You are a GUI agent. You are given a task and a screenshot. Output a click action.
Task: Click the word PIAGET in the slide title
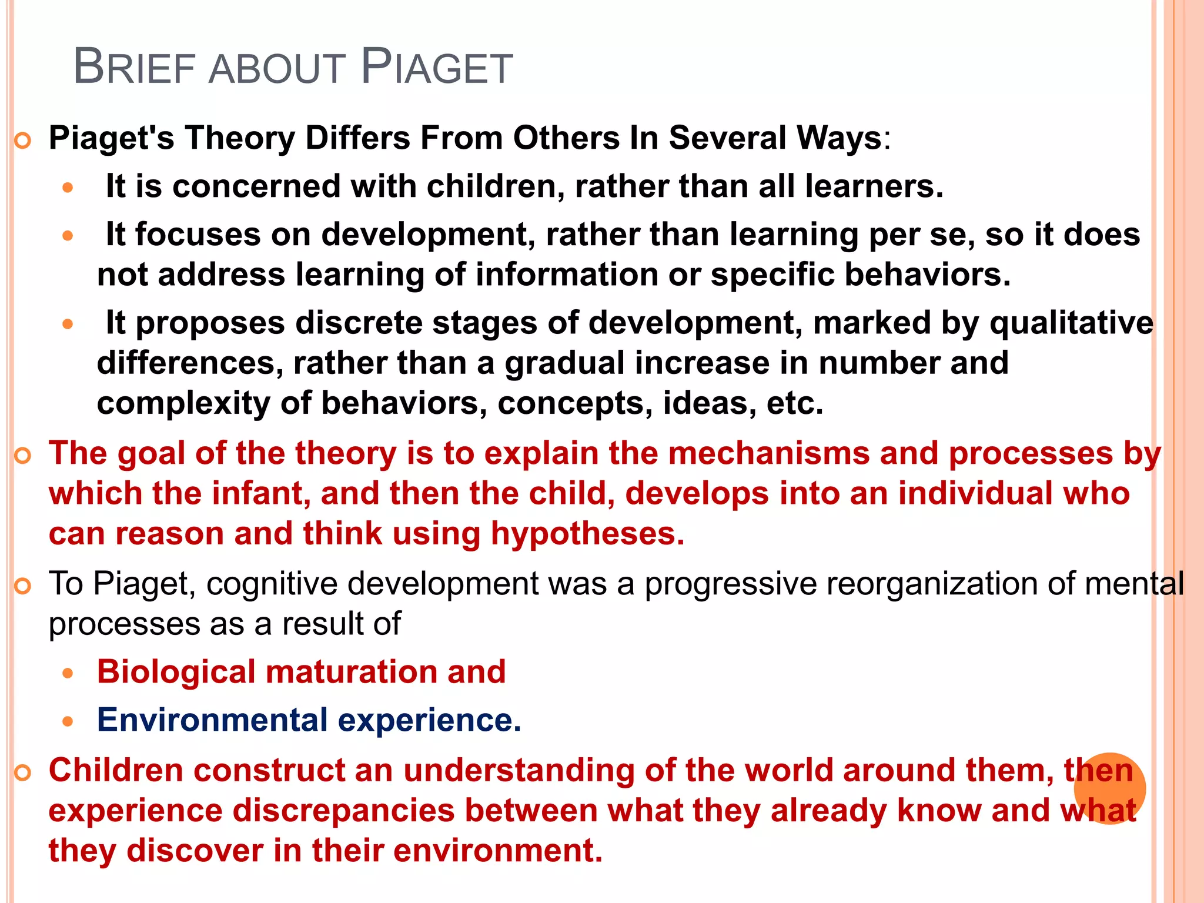(437, 67)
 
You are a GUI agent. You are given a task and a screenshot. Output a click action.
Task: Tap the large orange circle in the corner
(1109, 788)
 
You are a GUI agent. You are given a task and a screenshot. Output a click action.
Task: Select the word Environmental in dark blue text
(212, 720)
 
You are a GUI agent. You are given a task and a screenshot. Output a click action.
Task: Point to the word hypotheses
(587, 534)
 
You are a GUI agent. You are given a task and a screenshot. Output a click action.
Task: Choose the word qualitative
(1071, 323)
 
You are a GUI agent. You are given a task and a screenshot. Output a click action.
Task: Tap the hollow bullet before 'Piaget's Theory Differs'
(22, 141)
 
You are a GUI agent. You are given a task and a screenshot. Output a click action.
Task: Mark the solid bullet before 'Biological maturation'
(68, 674)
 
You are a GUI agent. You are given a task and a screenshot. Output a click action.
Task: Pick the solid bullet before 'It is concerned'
(68, 188)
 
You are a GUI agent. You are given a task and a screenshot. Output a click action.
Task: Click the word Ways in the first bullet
(839, 139)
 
